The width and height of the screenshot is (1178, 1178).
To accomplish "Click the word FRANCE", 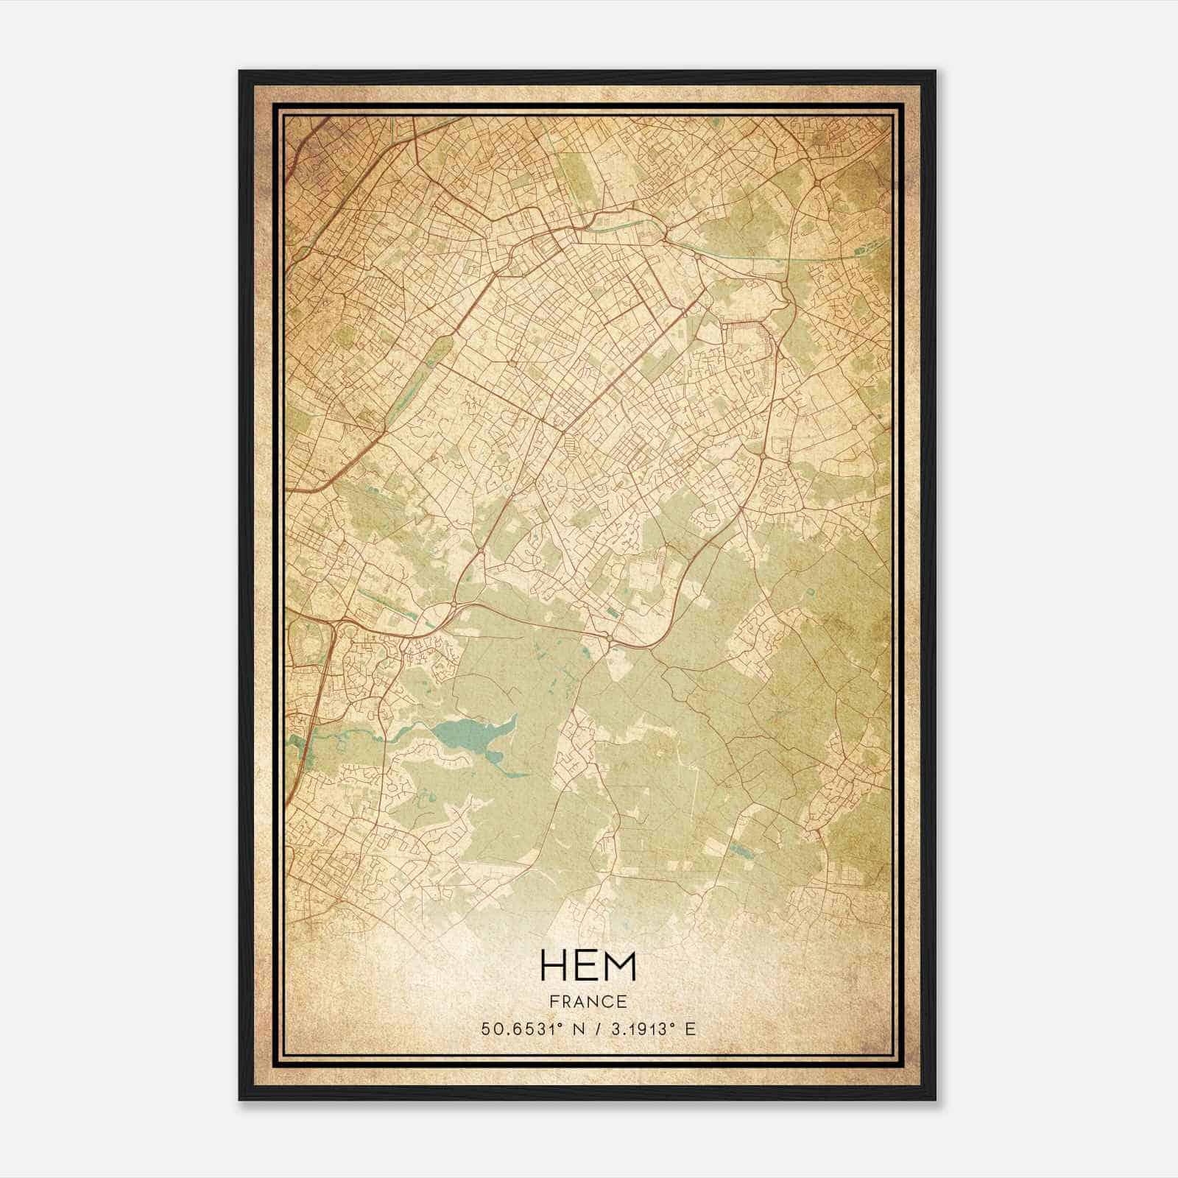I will (x=587, y=1001).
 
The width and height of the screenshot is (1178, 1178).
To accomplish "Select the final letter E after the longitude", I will (x=690, y=1029).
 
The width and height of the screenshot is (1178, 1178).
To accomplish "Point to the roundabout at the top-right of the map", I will (x=818, y=182).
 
